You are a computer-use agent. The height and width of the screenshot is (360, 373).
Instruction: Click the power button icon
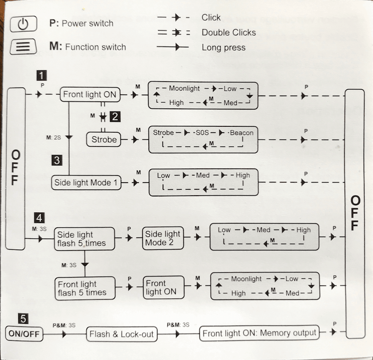[23, 25]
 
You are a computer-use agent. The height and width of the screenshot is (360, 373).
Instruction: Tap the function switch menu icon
[23, 47]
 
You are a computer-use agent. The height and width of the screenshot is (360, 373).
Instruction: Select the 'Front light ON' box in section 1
[90, 95]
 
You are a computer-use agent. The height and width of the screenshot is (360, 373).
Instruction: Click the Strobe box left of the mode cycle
[104, 140]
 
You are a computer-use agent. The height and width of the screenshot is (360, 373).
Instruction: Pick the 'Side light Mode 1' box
[86, 183]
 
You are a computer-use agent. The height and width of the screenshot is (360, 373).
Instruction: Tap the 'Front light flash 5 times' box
[85, 288]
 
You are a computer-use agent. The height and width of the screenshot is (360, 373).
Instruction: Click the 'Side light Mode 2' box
[163, 239]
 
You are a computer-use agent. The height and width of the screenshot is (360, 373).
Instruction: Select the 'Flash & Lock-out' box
[121, 334]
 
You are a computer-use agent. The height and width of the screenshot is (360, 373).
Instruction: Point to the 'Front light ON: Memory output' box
[259, 333]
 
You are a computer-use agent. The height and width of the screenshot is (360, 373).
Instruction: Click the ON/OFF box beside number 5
[24, 334]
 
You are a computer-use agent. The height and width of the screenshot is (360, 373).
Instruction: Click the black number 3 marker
[57, 161]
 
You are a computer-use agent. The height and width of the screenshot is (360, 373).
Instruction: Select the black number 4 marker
[39, 217]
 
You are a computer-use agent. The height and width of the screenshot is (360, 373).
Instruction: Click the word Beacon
[242, 132]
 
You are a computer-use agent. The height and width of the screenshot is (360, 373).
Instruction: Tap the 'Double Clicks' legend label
[229, 32]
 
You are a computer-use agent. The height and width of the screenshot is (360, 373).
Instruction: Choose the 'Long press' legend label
[223, 47]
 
